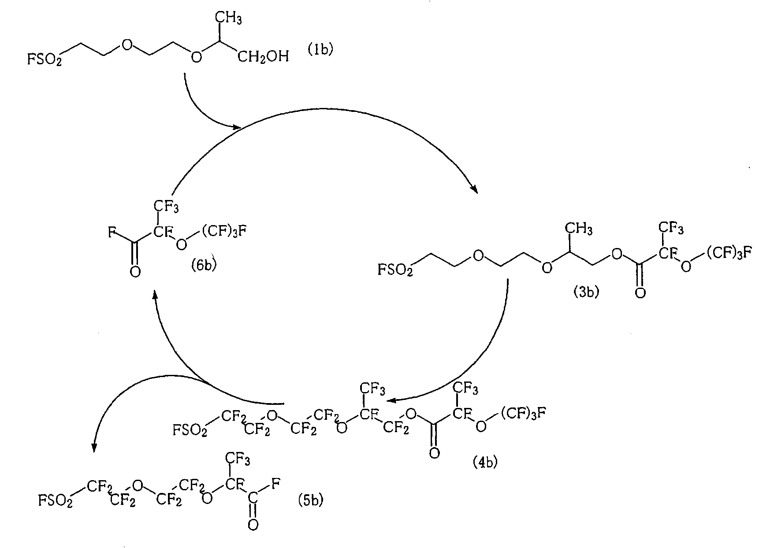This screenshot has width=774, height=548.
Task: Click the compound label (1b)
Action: click(320, 49)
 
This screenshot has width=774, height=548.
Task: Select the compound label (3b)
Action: click(586, 292)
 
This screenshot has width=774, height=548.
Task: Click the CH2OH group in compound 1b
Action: click(263, 57)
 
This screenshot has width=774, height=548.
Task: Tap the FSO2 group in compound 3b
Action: click(395, 270)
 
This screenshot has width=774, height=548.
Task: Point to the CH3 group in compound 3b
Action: click(579, 229)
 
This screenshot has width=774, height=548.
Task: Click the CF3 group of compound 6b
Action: click(166, 206)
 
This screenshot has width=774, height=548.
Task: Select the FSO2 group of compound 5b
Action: click(56, 500)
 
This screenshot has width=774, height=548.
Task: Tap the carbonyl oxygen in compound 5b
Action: click(253, 524)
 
